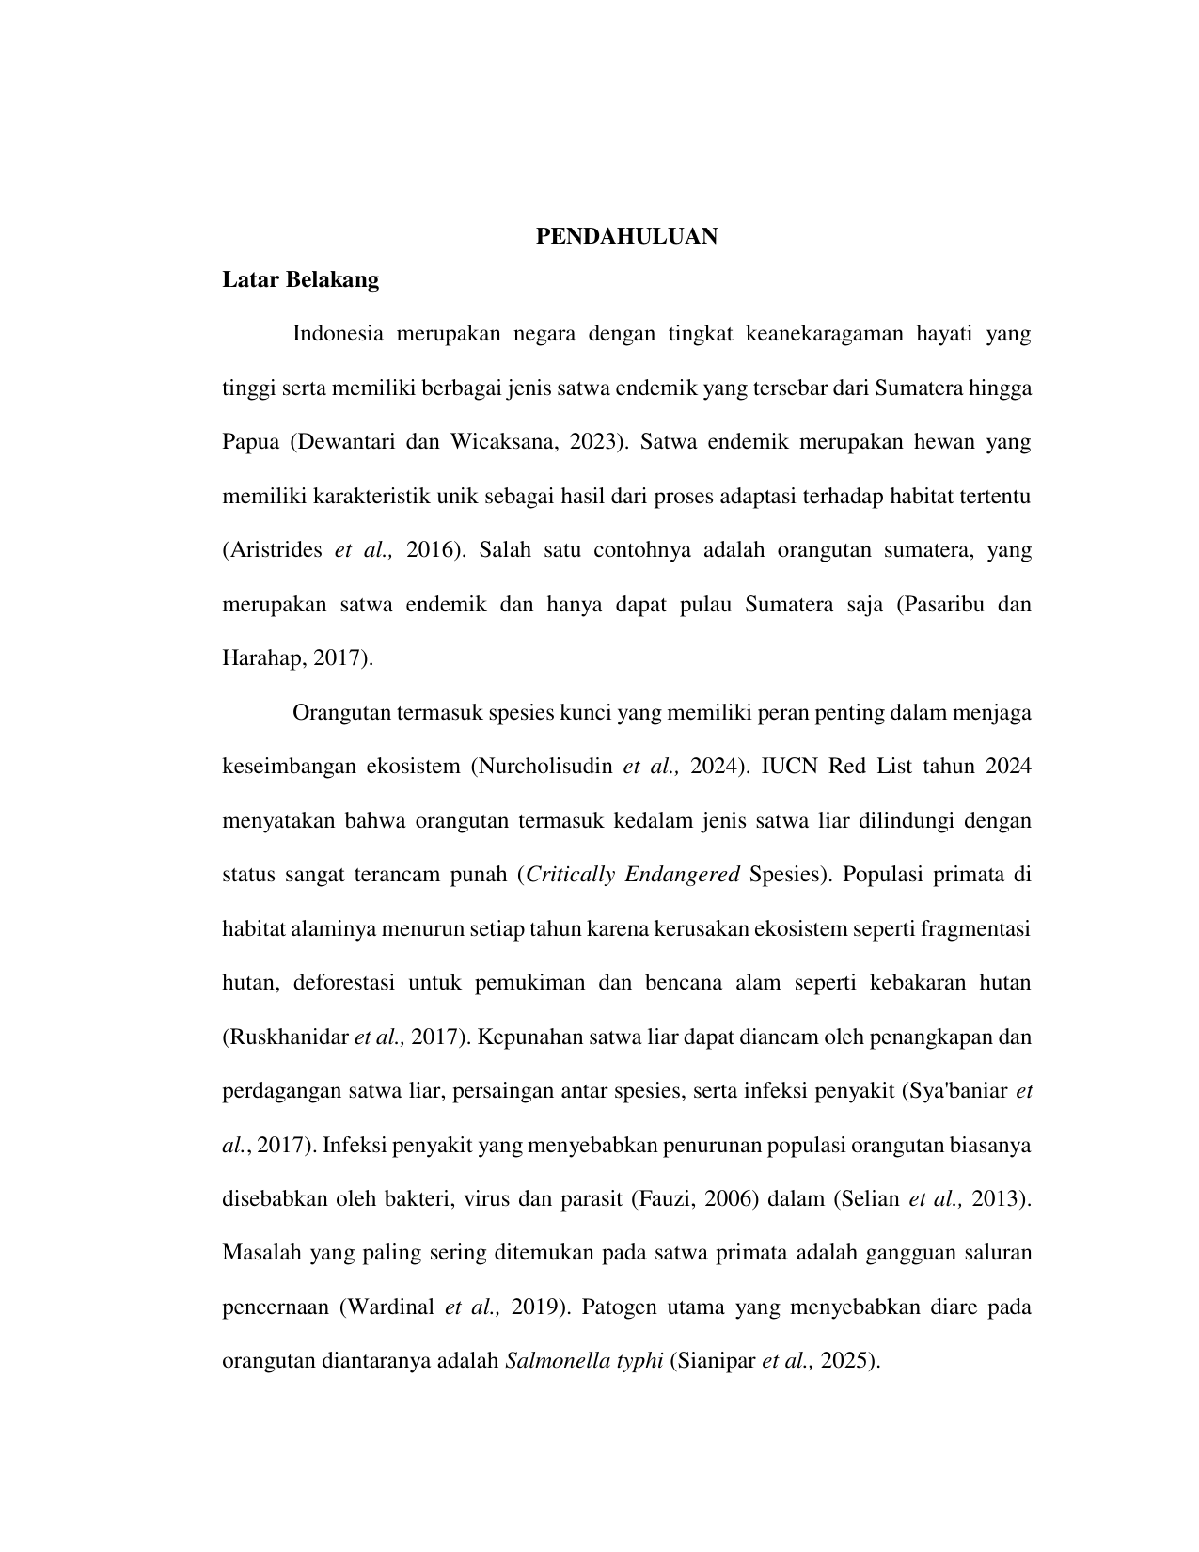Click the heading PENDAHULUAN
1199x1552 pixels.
626,237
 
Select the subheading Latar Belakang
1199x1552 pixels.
300,279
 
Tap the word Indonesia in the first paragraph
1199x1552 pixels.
338,334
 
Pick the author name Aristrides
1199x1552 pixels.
277,550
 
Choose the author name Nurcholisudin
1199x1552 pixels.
544,767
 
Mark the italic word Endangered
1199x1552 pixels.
682,875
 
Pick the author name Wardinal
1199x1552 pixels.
389,1307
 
